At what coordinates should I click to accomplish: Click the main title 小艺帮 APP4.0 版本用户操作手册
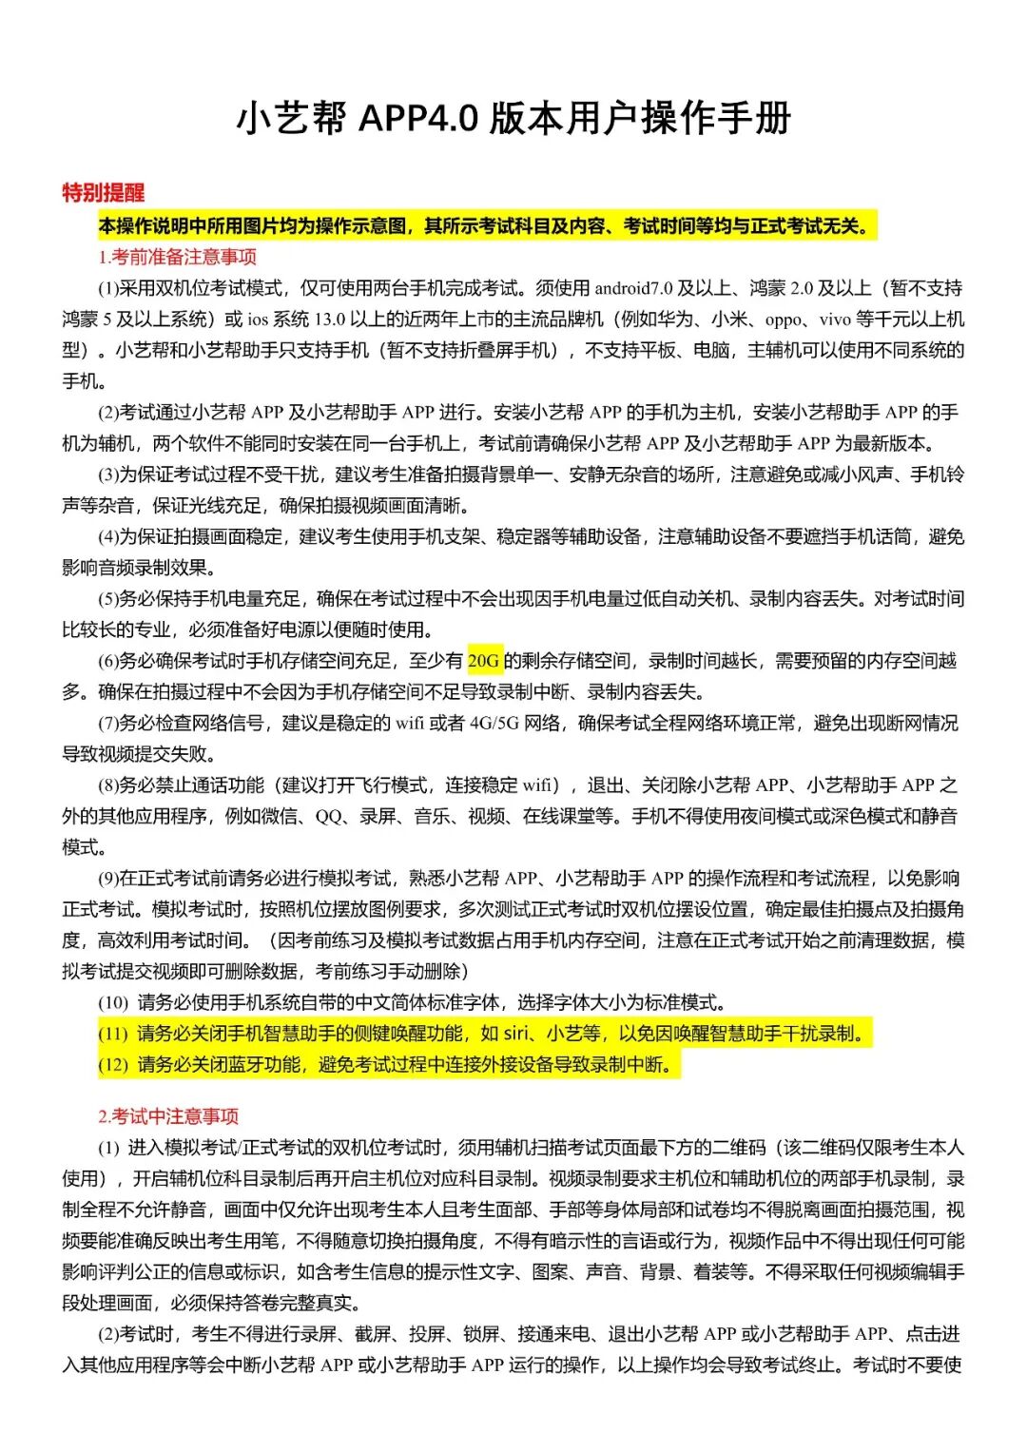513,118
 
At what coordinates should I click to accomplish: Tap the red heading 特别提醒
103,193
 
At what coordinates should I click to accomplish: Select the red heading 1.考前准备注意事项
177,257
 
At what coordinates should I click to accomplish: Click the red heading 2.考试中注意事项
168,1116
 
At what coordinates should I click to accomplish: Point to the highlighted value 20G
484,661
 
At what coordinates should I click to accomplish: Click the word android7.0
633,288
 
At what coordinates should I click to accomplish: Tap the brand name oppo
784,319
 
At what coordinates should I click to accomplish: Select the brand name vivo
835,319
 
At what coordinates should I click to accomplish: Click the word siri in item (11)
515,1034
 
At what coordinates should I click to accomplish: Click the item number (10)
112,1002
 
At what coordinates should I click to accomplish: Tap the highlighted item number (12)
112,1065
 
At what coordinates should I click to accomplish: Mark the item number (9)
107,879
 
